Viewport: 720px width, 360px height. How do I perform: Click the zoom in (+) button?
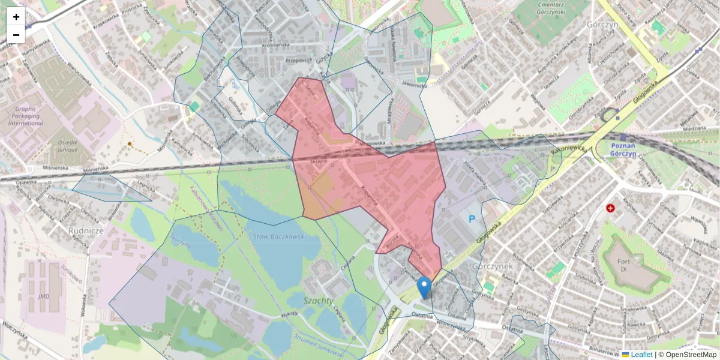click(x=16, y=17)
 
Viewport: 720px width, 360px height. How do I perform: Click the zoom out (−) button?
click(x=16, y=35)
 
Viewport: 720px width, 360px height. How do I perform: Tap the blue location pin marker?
click(x=424, y=287)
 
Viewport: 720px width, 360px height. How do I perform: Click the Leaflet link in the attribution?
click(x=641, y=355)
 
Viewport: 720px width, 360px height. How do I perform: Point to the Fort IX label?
click(x=631, y=266)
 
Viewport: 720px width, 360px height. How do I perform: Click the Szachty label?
click(x=318, y=299)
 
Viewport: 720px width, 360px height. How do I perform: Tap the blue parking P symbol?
click(x=471, y=220)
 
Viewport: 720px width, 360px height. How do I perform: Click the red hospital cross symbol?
click(x=611, y=208)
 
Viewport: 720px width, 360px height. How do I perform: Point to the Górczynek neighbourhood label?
click(x=491, y=265)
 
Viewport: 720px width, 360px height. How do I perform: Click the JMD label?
click(x=43, y=296)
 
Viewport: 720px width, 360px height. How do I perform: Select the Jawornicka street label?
click(x=414, y=85)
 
